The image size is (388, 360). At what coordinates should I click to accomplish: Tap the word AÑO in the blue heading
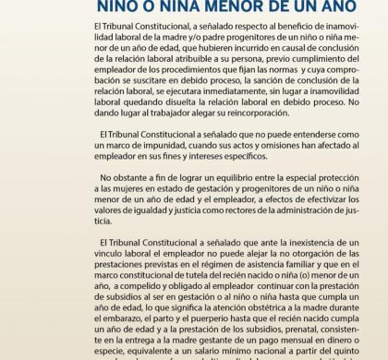(312, 7)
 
